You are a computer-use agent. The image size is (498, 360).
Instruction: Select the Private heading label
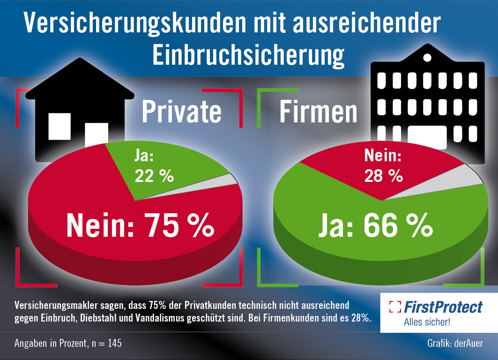[181, 112]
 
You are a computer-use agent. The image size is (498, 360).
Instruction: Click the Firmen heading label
[319, 112]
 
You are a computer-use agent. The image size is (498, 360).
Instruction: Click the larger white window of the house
[59, 127]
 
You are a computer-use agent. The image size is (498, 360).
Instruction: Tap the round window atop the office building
[427, 58]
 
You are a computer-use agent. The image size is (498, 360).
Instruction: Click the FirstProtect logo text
[443, 307]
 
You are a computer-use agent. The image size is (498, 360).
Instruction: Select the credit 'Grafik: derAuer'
[455, 344]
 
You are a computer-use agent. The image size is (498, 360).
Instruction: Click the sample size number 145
[114, 344]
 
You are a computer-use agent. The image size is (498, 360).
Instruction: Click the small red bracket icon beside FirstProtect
[395, 307]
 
